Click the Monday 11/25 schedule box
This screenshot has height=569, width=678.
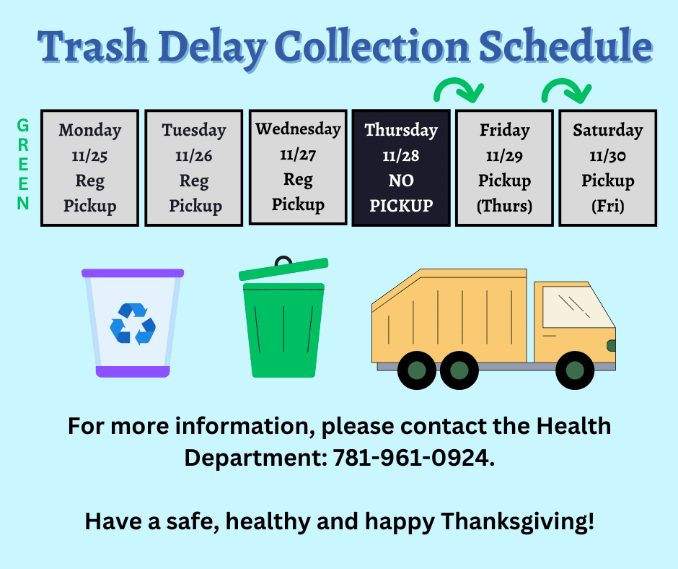coord(89,168)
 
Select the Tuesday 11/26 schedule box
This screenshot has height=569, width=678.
coord(194,168)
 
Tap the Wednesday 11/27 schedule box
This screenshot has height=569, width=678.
coord(298,167)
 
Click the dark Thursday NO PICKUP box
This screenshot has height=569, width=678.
coord(401,168)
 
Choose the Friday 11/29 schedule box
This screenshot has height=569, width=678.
coord(504,168)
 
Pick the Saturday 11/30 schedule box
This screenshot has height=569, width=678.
coord(607,168)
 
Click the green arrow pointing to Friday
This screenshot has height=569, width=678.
coord(458,90)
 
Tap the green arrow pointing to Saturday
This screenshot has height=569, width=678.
coord(566,90)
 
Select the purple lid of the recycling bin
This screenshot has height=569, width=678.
coord(133,274)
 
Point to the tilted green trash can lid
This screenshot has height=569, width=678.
coord(283,268)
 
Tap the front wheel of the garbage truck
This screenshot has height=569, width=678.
coord(574,370)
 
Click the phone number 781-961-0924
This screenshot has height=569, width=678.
coord(413,458)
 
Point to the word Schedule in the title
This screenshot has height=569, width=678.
coord(565,48)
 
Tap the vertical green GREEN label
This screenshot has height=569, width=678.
coord(23,165)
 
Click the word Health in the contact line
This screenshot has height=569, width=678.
coord(573,426)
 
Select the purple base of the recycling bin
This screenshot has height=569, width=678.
coord(133,371)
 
